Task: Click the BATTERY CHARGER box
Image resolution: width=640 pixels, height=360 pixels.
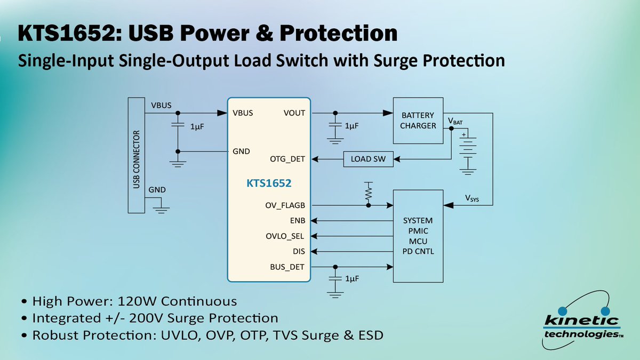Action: (418, 121)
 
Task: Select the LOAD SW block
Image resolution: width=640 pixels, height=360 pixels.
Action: (368, 159)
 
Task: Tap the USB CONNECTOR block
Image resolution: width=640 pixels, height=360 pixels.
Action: (137, 155)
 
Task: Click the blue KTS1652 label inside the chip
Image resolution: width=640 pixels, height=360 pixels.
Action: (269, 183)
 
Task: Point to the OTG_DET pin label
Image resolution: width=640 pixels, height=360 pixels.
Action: (287, 159)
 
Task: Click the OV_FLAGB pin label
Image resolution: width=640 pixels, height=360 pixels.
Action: (285, 205)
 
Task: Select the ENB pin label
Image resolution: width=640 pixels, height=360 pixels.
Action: (298, 221)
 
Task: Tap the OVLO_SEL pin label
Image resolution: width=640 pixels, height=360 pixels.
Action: (285, 236)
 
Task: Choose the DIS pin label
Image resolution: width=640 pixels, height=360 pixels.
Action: (299, 251)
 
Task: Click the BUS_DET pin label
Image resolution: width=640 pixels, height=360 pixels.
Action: (287, 267)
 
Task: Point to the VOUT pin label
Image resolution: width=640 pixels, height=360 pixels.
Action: (294, 113)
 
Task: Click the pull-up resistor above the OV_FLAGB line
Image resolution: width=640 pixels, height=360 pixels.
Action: (369, 191)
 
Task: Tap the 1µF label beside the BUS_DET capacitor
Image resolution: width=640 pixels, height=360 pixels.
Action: (352, 279)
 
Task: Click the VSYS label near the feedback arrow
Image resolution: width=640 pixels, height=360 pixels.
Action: (471, 198)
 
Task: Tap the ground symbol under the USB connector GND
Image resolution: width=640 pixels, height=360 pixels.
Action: (161, 210)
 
